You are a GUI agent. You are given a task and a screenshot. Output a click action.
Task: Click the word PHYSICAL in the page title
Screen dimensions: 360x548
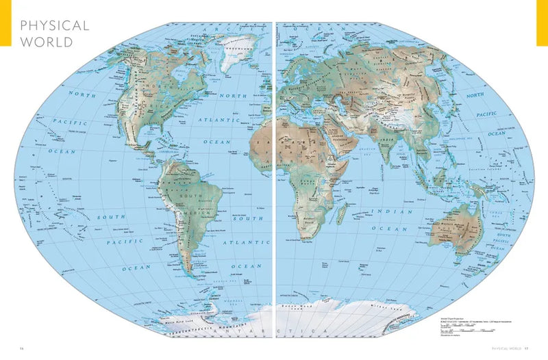pyautogui.click(x=55, y=26)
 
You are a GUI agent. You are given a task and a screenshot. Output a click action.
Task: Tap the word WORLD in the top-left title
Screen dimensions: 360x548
pyautogui.click(x=45, y=41)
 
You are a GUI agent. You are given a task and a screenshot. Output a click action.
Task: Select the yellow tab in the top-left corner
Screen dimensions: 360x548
pyautogui.click(x=5, y=23)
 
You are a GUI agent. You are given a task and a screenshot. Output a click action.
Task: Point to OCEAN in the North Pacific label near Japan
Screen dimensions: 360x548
pyautogui.click(x=497, y=133)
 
